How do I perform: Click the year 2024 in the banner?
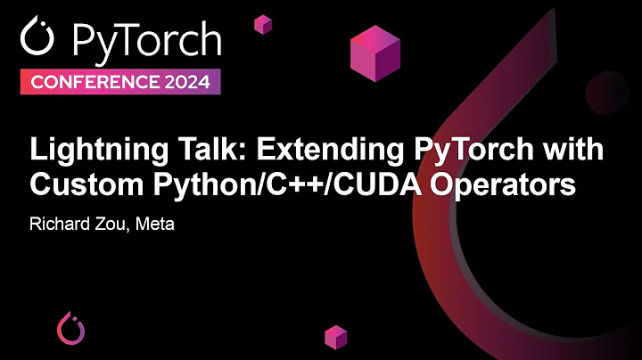183,83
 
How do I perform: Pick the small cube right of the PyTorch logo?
262,24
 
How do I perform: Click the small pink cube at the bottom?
335,336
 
